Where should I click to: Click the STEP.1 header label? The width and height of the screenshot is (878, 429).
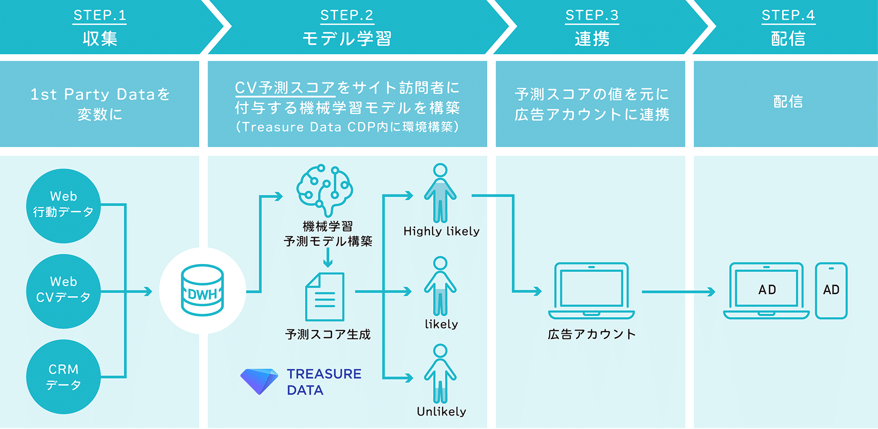pos(100,16)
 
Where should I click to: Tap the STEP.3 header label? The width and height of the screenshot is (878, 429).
pos(592,16)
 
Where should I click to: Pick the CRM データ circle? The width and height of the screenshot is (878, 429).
pos(63,377)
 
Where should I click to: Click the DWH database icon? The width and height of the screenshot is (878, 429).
pos(202,291)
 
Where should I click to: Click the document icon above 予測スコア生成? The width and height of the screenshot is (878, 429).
pos(324,297)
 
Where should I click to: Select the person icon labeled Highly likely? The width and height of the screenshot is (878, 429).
pos(440,193)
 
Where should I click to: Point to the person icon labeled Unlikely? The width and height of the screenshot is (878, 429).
pos(440,374)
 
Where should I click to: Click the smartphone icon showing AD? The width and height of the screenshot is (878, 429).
pos(831,291)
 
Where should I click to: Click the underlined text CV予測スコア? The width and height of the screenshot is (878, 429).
pos(285,88)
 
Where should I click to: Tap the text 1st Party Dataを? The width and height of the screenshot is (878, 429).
pos(100,95)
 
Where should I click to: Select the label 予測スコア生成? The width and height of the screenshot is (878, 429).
pos(328,335)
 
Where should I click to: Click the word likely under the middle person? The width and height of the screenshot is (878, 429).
pos(441,324)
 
